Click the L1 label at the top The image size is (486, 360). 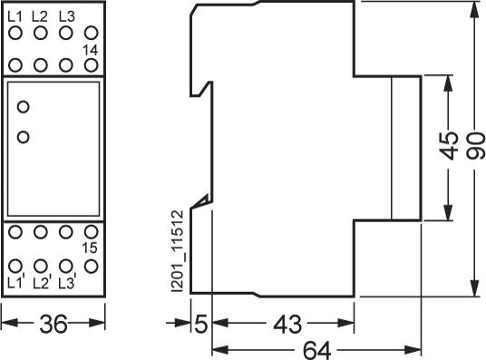[15, 16]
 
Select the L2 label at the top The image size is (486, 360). [40, 16]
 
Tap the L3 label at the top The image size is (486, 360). [65, 16]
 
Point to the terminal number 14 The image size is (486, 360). [90, 49]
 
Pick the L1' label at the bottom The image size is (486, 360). [15, 282]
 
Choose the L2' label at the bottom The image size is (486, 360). [41, 282]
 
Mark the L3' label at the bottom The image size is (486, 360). [65, 282]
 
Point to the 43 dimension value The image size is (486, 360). [285, 324]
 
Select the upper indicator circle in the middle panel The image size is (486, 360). [24, 107]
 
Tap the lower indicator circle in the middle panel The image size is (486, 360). [24, 137]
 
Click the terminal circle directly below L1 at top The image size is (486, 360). [15, 34]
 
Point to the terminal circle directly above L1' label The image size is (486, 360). [15, 266]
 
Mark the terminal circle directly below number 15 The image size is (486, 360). [90, 266]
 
